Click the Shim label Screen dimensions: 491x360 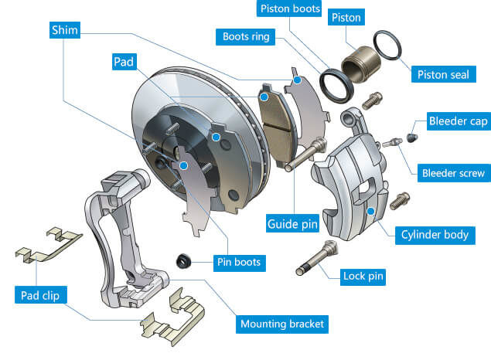click(65, 30)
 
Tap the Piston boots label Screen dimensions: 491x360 click(290, 8)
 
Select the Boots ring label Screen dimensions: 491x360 click(246, 37)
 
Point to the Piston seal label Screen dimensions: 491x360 click(443, 74)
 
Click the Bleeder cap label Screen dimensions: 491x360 click(459, 121)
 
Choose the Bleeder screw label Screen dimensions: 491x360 click(453, 173)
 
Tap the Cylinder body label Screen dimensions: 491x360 click(435, 235)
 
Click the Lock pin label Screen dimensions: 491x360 click(363, 276)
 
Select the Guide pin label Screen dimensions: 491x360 click(292, 223)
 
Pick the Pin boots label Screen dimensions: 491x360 click(239, 262)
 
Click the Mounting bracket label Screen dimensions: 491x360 click(282, 324)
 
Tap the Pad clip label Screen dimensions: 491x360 click(40, 295)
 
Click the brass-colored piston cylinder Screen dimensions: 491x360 click(360, 64)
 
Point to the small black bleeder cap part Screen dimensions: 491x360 click(412, 138)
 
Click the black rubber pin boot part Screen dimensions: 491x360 click(183, 261)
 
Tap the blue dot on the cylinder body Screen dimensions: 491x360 click(370, 212)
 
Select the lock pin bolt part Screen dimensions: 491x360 click(316, 258)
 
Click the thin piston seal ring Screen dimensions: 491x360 click(387, 46)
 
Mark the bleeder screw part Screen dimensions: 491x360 click(392, 142)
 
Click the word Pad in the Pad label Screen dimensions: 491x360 click(124, 62)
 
